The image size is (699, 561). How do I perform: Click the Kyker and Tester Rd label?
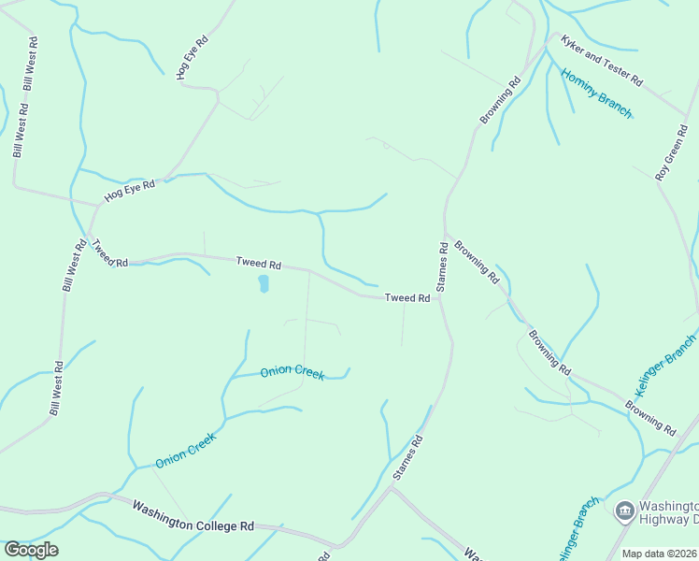click(x=601, y=62)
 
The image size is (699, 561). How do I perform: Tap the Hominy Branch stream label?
click(x=596, y=93)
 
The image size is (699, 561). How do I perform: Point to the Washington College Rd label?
click(x=193, y=516)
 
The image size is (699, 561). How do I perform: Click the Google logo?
click(x=31, y=550)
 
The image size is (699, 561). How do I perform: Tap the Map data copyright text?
click(x=660, y=554)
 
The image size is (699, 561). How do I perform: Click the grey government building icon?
click(x=624, y=511)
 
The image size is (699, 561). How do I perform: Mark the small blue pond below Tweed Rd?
click(x=264, y=282)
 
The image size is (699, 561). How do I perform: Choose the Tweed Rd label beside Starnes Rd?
click(x=407, y=298)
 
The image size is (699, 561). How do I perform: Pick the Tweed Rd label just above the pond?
click(x=258, y=265)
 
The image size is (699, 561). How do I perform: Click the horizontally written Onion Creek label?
click(x=292, y=371)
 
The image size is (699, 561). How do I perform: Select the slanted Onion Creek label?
click(x=186, y=450)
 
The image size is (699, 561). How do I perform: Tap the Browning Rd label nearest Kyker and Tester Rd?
click(x=500, y=101)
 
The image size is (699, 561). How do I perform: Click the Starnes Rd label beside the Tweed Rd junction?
click(x=442, y=266)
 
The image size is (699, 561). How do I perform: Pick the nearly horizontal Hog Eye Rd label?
click(x=128, y=190)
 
